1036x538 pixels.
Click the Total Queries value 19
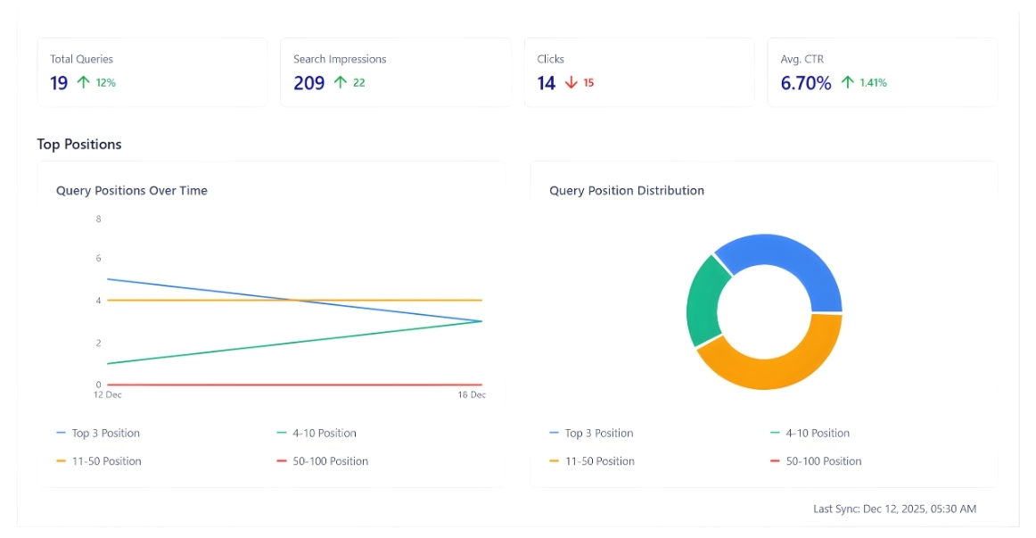tap(59, 83)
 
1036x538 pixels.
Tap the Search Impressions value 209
tap(308, 83)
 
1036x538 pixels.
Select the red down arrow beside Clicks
tap(571, 83)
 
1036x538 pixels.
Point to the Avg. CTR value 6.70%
tap(806, 83)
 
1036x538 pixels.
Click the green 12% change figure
tap(106, 83)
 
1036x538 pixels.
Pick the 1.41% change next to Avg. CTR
tap(873, 83)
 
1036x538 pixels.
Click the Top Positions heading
tap(79, 144)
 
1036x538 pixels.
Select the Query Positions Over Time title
tap(132, 190)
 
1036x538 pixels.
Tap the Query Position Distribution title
tap(627, 190)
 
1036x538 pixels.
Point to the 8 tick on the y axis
tap(98, 219)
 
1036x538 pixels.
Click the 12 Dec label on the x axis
tap(109, 394)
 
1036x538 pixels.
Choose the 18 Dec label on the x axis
tap(472, 394)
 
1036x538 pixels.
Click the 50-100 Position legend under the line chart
tap(331, 461)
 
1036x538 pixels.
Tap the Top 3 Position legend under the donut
tap(599, 434)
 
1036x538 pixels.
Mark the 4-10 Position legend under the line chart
tap(325, 434)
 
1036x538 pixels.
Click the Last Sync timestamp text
tap(894, 509)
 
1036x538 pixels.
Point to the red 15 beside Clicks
tap(588, 83)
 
